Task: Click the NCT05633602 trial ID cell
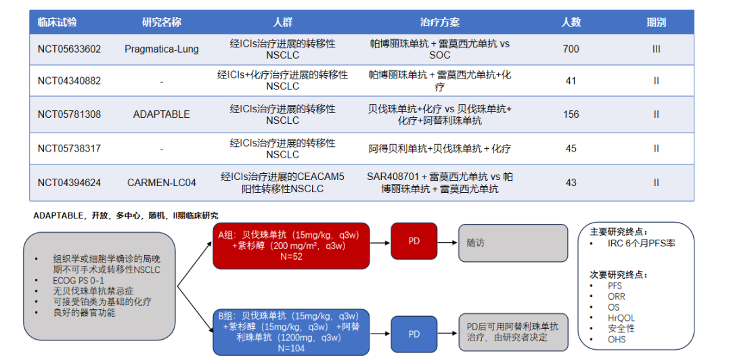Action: click(69, 49)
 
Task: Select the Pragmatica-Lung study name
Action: click(161, 49)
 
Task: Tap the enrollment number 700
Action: click(571, 49)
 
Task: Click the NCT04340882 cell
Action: click(69, 81)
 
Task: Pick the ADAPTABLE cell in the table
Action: click(161, 114)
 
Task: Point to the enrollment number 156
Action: click(571, 114)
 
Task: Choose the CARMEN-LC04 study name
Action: click(161, 183)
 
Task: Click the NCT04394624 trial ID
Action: click(69, 183)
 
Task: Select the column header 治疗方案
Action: click(439, 22)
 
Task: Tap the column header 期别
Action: click(656, 22)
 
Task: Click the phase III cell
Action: click(656, 49)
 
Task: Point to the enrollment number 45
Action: click(571, 149)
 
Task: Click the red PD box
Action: click(414, 241)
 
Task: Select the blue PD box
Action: click(414, 334)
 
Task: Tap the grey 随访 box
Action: click(512, 243)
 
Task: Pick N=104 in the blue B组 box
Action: click(291, 348)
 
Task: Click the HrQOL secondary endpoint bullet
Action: click(621, 317)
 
